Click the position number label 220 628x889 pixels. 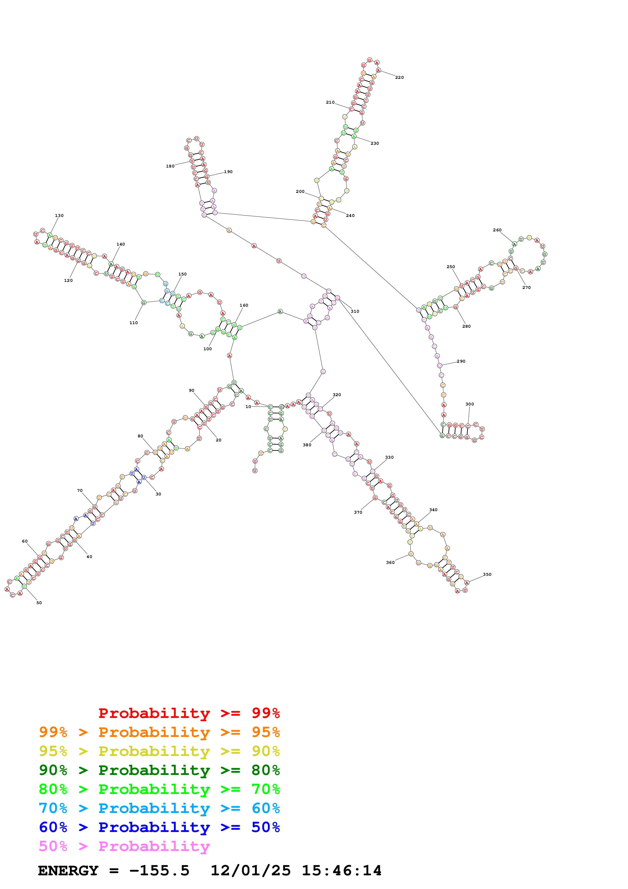pos(399,78)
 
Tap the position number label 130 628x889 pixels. pos(59,216)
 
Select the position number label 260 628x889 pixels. pos(497,230)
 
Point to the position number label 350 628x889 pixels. pos(487,574)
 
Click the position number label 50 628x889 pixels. pos(39,603)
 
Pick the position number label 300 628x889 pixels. pos(469,404)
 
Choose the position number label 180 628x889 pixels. pos(170,166)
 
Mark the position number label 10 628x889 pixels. pos(248,406)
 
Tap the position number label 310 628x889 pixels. pos(355,311)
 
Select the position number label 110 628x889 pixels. pos(134,323)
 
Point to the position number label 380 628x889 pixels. pos(307,445)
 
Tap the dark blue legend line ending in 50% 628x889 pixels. pos(159,827)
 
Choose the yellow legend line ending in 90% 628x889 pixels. pos(159,751)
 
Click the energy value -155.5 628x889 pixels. pos(159,871)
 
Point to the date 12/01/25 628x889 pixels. pos(250,871)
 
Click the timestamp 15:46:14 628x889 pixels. pos(342,871)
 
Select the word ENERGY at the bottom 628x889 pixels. pos(68,871)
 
